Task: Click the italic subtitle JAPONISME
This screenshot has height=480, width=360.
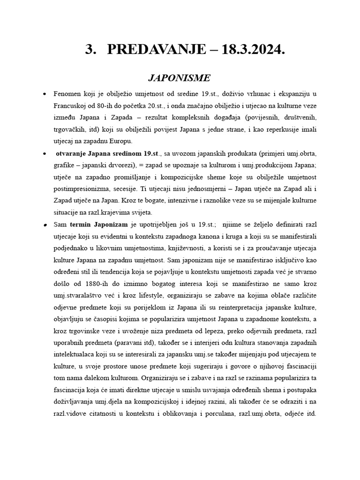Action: click(x=180, y=77)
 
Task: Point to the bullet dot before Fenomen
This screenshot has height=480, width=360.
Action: click(x=44, y=94)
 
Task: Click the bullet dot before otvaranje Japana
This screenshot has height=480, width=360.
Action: click(x=44, y=153)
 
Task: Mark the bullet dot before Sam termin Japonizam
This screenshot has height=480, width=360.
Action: click(x=44, y=225)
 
